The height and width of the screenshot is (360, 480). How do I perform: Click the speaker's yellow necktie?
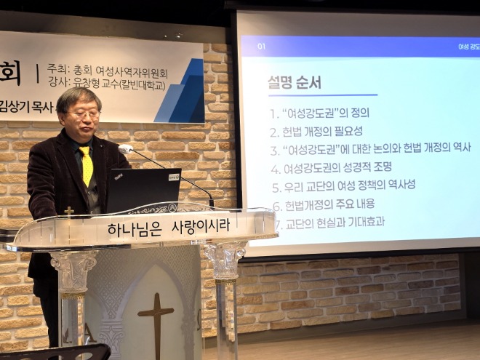point(87,167)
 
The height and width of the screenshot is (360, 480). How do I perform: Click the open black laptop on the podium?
point(143,190)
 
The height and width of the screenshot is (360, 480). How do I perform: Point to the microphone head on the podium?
point(125,149)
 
